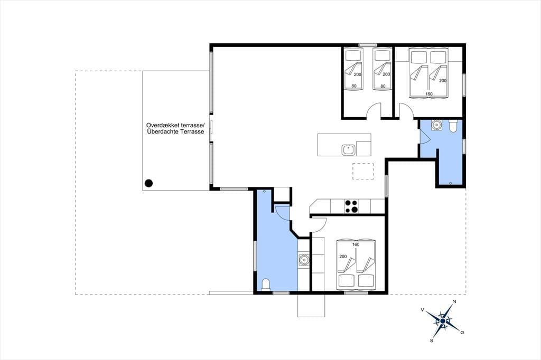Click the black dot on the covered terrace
pyautogui.click(x=148, y=183)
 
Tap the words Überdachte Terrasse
pyautogui.click(x=175, y=132)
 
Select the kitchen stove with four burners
pyautogui.click(x=351, y=206)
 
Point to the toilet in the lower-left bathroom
pyautogui.click(x=266, y=285)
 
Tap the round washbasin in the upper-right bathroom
pyautogui.click(x=437, y=124)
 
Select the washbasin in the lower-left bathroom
pyautogui.click(x=304, y=259)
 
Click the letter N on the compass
pyautogui.click(x=454, y=302)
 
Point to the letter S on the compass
pyautogui.click(x=431, y=340)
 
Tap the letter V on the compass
pyautogui.click(x=422, y=310)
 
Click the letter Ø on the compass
pyautogui.click(x=462, y=333)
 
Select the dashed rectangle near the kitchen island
pyautogui.click(x=363, y=172)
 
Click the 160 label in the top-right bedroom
pyautogui.click(x=429, y=94)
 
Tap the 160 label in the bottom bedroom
pyautogui.click(x=356, y=244)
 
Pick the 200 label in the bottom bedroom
pyautogui.click(x=343, y=257)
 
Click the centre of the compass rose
pyautogui.click(x=443, y=321)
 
